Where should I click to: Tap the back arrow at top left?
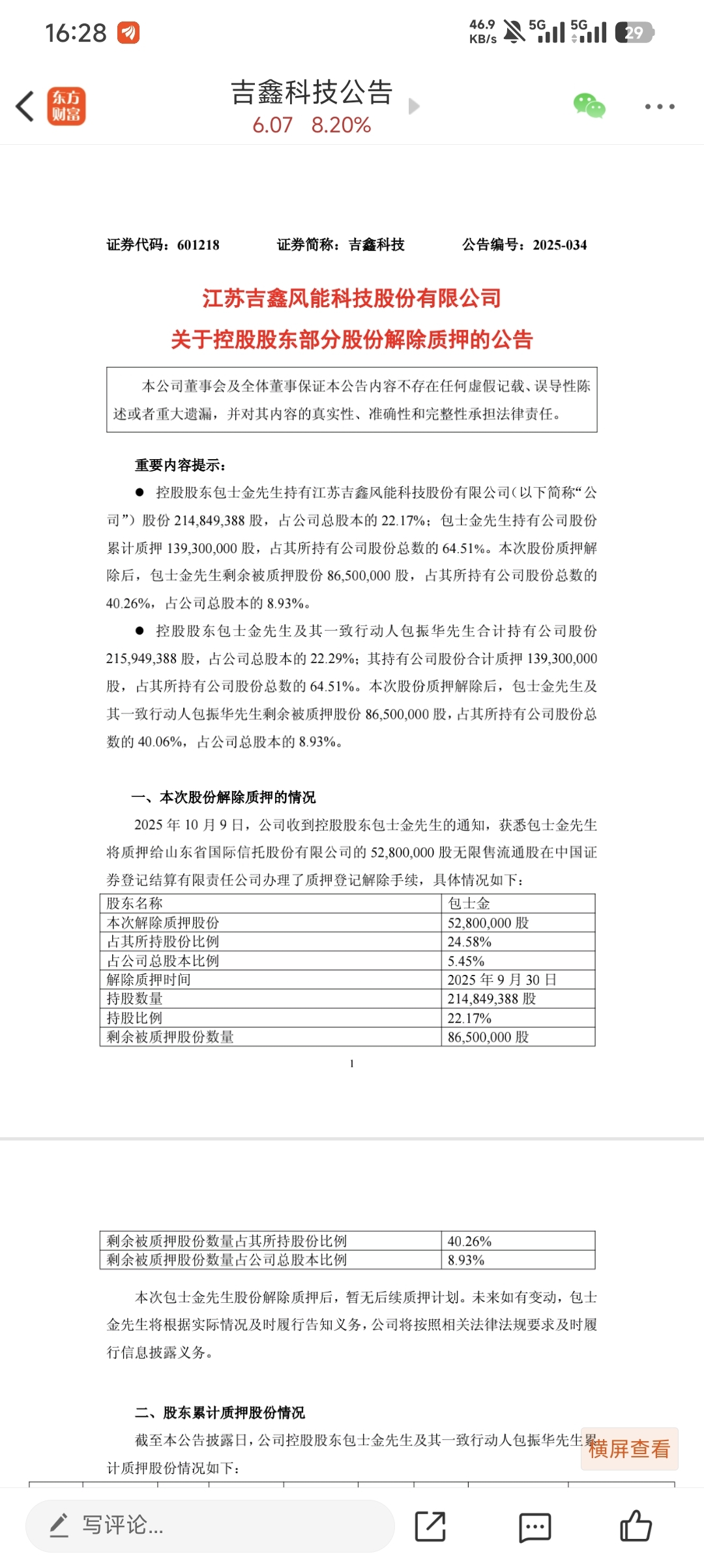pyautogui.click(x=25, y=106)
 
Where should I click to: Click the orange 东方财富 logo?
pyautogui.click(x=66, y=106)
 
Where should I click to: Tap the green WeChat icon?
pyautogui.click(x=589, y=106)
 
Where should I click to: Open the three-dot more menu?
pyautogui.click(x=660, y=106)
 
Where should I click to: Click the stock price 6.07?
pyautogui.click(x=272, y=125)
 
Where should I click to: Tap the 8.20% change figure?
pyautogui.click(x=341, y=125)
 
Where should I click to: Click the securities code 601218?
pyautogui.click(x=198, y=245)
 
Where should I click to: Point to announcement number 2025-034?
pyautogui.click(x=559, y=245)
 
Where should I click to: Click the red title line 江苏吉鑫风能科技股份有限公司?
pyautogui.click(x=352, y=299)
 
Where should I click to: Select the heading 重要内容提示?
pyautogui.click(x=180, y=465)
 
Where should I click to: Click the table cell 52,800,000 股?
pyautogui.click(x=488, y=923)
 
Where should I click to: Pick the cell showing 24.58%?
pyautogui.click(x=469, y=942)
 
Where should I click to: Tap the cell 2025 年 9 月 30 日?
pyautogui.click(x=502, y=979)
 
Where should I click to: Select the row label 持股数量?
pyautogui.click(x=135, y=998)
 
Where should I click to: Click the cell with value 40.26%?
pyautogui.click(x=469, y=1241)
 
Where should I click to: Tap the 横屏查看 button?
pyautogui.click(x=629, y=1449)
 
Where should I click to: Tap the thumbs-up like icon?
pyautogui.click(x=636, y=1526)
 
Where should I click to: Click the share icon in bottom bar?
pyautogui.click(x=430, y=1526)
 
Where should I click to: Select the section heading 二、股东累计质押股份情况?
pyautogui.click(x=220, y=1412)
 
